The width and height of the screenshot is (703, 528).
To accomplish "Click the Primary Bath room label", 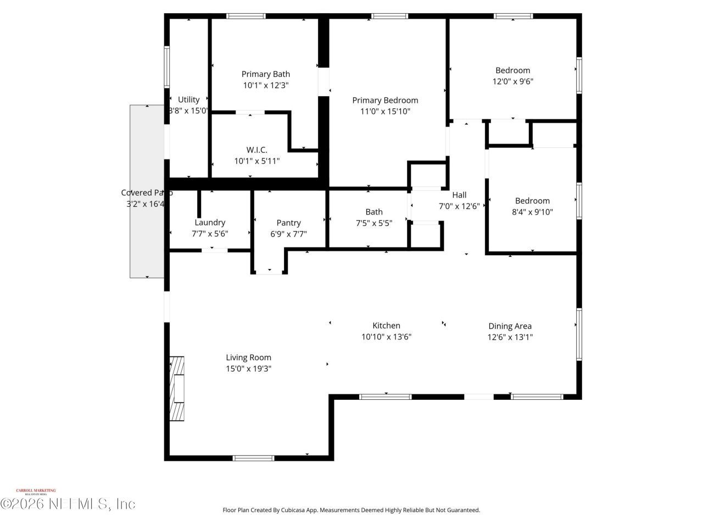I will tap(266, 74).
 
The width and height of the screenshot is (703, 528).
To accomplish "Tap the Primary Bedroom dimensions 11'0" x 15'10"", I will tap(385, 112).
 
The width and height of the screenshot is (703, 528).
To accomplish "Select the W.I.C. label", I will tap(256, 150).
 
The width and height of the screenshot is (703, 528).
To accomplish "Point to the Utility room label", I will tap(188, 100).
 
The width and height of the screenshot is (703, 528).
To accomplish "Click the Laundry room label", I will tap(210, 222).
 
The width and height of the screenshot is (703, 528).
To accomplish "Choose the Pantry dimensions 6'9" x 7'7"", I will tap(288, 234).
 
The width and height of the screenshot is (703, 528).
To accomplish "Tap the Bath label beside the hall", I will tap(374, 212).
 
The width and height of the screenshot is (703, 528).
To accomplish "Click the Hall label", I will tap(459, 195).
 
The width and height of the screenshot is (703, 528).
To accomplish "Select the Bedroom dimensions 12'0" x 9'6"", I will tap(512, 81).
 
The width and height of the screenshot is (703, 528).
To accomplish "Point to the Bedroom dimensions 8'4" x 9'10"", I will tap(532, 212).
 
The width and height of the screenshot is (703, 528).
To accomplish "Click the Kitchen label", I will tap(386, 326).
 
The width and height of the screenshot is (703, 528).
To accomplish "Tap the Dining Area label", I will tap(510, 326).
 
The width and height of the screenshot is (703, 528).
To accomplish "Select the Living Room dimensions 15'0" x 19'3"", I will tap(248, 369).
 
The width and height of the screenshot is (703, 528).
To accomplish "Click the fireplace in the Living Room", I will tap(176, 388).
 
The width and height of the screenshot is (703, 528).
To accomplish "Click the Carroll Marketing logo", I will tap(36, 491).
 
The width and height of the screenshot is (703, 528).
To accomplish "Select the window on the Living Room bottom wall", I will tap(253, 458).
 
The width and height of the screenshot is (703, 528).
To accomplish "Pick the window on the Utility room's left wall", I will tap(167, 67).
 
